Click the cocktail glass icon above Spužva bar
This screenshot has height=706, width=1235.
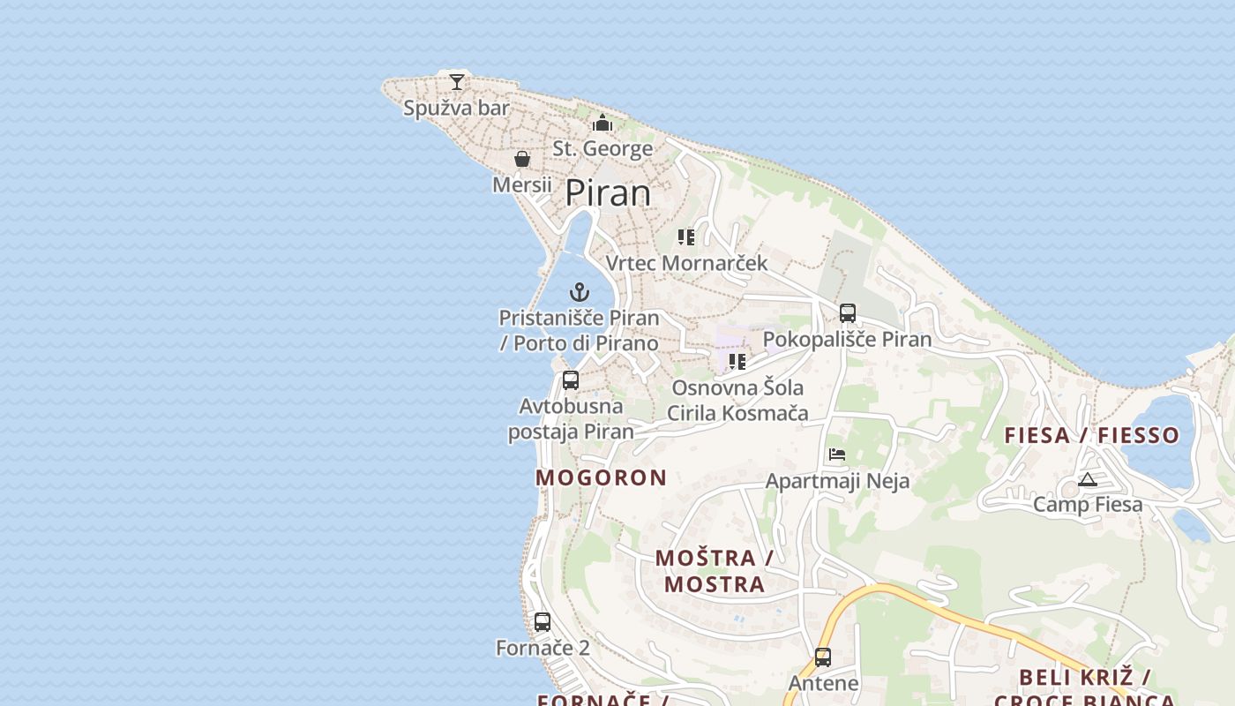[x=456, y=82]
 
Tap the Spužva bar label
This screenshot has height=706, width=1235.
[x=456, y=109]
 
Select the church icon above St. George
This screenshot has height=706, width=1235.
[x=603, y=123]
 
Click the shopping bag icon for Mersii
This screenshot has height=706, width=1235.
[x=522, y=159]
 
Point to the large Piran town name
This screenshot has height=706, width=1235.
[x=608, y=192]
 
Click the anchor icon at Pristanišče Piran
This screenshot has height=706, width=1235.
[x=580, y=292]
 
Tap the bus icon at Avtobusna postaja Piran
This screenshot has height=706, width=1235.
[x=571, y=380]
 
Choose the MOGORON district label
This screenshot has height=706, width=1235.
[x=602, y=477]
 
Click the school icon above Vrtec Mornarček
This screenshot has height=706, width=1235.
[x=686, y=237]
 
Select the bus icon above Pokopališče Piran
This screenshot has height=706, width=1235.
[x=848, y=312]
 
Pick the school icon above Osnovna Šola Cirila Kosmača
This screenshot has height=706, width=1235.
[x=737, y=361]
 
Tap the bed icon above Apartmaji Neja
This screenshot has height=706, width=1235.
[x=837, y=454]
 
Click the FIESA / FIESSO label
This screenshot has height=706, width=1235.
[x=1092, y=435]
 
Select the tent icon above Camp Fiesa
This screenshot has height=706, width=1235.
[x=1087, y=479]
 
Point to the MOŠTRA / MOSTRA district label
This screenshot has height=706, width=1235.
[x=715, y=571]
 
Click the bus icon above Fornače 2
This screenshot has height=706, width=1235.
[x=543, y=621]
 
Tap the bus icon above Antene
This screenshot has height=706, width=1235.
[x=823, y=657]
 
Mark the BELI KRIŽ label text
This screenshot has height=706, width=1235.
[x=1084, y=678]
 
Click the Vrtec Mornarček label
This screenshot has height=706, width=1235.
[x=686, y=263]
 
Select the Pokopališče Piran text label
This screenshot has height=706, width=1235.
[x=847, y=340]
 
